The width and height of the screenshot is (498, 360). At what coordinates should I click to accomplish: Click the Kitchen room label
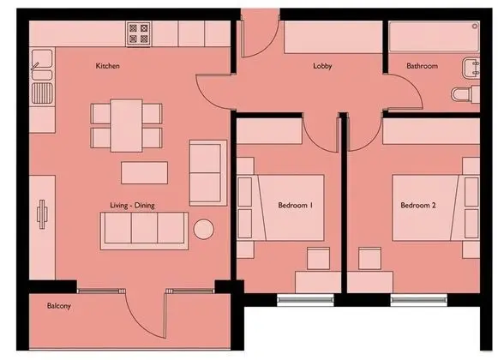click(x=108, y=66)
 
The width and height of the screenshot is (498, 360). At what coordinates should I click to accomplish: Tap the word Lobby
click(x=322, y=66)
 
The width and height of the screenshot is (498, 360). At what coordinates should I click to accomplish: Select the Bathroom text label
click(x=422, y=66)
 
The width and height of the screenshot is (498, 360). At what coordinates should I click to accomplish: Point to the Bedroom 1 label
click(x=295, y=205)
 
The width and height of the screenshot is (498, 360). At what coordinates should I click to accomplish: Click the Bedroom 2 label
click(x=418, y=205)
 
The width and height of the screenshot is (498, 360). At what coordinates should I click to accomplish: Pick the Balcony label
click(x=59, y=306)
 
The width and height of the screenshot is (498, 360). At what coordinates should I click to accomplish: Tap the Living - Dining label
click(x=132, y=206)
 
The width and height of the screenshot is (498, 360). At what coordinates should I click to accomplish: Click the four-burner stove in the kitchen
click(x=139, y=33)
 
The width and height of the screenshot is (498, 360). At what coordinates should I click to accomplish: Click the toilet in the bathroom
click(x=465, y=94)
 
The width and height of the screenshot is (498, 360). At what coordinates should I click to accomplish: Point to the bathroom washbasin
click(x=471, y=68)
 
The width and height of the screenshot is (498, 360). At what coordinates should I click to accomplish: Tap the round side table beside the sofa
click(x=204, y=229)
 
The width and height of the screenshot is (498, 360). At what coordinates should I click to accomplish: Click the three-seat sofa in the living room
click(x=144, y=231)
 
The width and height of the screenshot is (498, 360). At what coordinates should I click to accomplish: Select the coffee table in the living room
click(x=145, y=173)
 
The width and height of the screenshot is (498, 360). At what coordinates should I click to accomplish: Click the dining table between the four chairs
click(x=126, y=125)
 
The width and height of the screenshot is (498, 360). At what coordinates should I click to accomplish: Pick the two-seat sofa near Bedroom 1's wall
click(x=208, y=173)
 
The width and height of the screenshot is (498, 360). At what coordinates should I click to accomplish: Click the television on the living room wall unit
click(x=42, y=214)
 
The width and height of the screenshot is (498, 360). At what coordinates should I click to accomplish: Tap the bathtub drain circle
click(x=475, y=26)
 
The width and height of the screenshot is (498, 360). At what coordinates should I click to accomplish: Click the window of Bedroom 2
click(x=418, y=300)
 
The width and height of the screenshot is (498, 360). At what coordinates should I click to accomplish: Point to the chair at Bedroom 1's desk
click(x=318, y=259)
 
